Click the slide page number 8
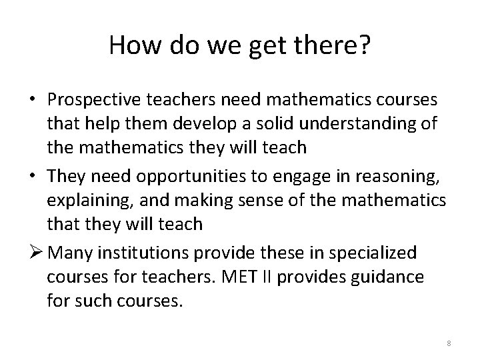pos(449,343)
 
